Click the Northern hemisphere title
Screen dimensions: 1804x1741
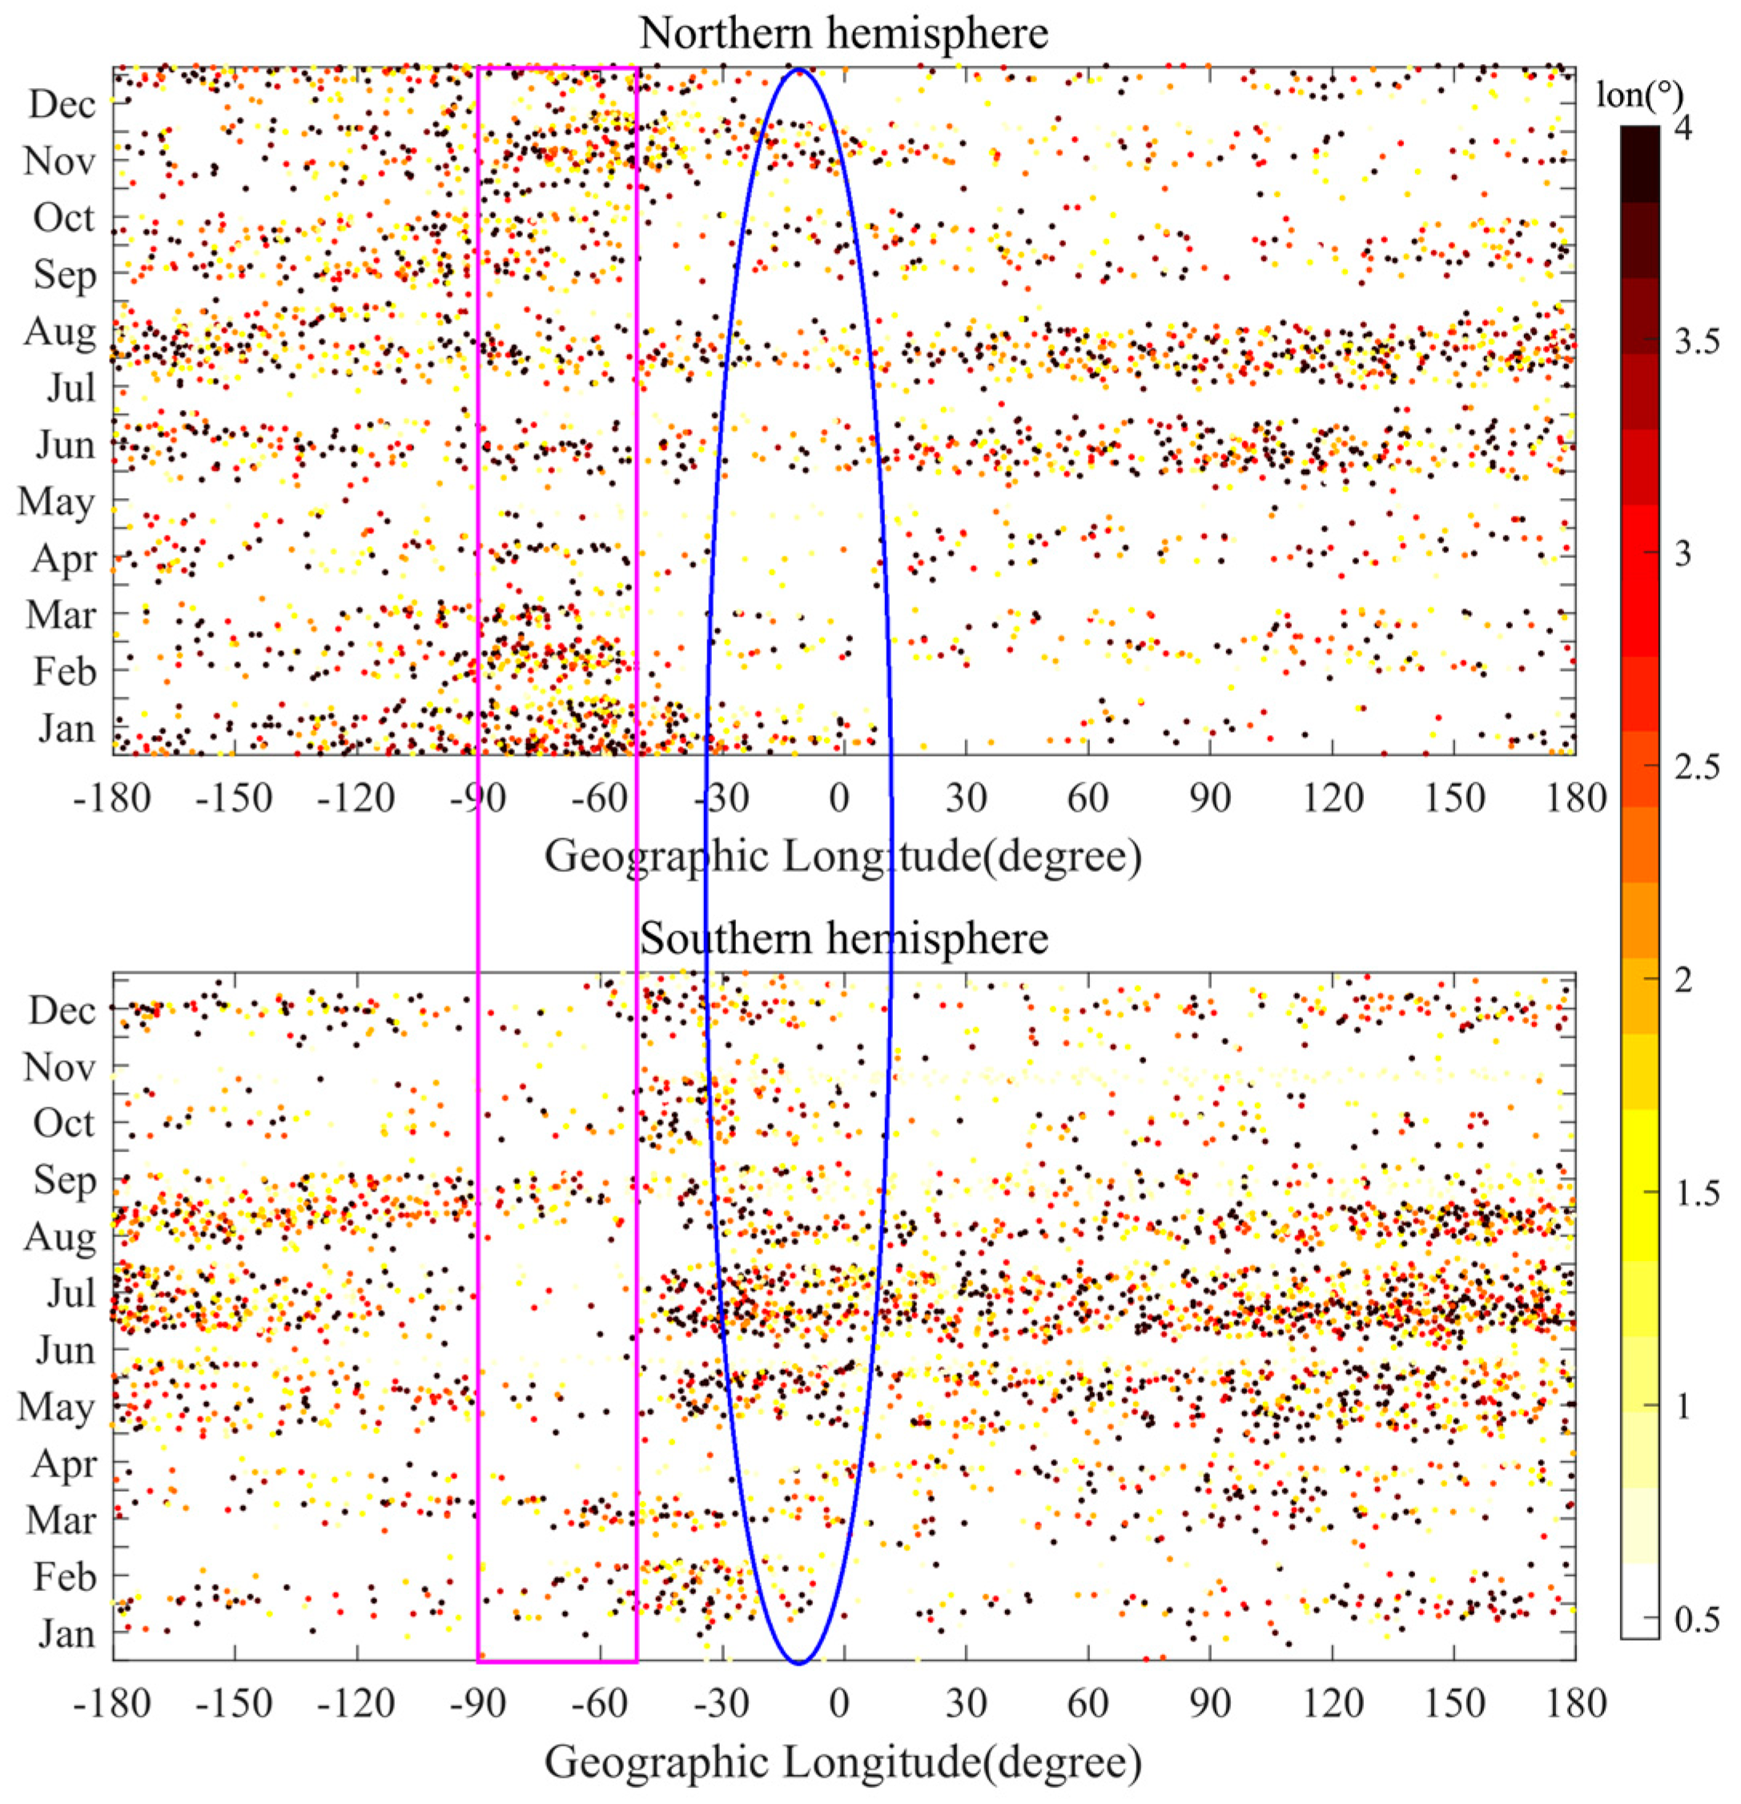point(843,34)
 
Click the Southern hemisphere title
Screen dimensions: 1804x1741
point(843,938)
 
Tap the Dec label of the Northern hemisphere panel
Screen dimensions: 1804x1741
point(62,104)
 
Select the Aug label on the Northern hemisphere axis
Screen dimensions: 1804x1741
point(60,331)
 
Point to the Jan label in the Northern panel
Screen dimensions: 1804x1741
point(66,728)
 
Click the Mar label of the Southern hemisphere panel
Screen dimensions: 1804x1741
point(61,1520)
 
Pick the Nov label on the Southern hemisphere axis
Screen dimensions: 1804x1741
point(60,1067)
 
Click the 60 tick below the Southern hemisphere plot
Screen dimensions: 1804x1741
point(1088,1703)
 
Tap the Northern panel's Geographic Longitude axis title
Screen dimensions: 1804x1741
point(843,857)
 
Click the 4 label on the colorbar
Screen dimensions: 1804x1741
point(1682,128)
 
